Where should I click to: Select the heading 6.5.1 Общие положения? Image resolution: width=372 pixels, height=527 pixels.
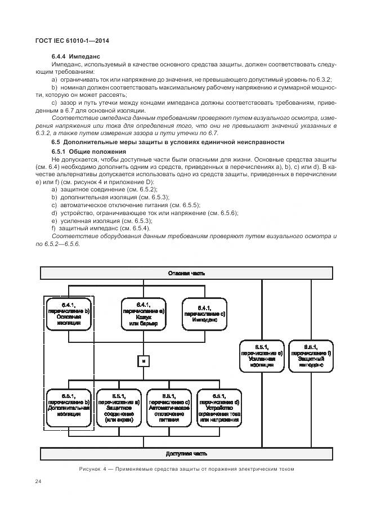[x=85, y=152]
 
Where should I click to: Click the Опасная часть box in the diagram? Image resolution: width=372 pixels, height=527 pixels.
[x=186, y=273]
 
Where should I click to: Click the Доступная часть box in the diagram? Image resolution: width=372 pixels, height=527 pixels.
[x=186, y=453]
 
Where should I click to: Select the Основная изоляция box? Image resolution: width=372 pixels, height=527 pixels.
[x=68, y=313]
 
